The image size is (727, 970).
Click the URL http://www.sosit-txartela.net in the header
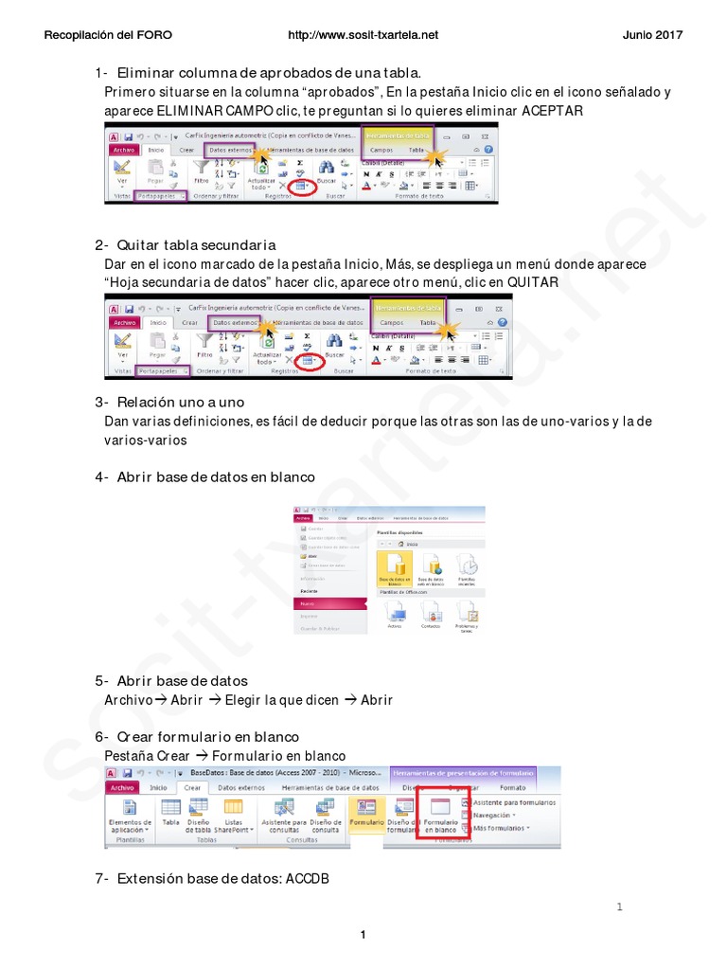[363, 35]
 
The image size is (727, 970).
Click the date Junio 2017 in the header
[652, 35]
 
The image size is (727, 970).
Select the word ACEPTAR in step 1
[553, 111]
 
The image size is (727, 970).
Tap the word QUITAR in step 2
[533, 282]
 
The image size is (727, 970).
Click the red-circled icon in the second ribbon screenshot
[309, 361]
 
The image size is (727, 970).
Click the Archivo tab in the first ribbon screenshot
[124, 150]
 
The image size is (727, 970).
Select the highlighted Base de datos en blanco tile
[396, 571]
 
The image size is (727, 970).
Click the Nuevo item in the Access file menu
[307, 602]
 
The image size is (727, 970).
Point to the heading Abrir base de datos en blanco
[215, 476]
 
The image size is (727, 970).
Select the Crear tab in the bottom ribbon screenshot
[191, 787]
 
